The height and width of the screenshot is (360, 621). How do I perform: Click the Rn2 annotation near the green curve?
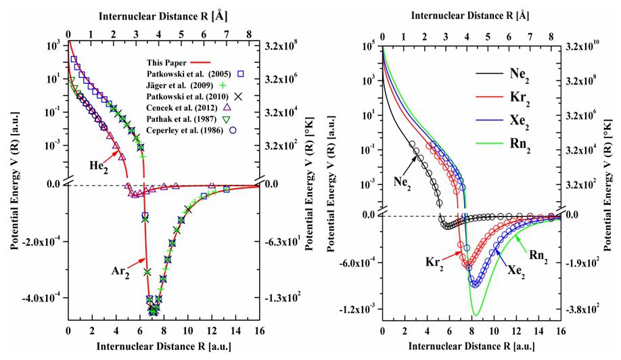542,254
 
